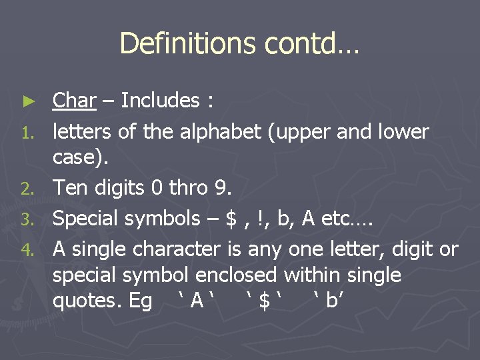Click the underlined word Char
coord(75,101)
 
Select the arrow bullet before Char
coord(27,101)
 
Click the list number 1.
coord(27,133)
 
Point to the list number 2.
coord(27,189)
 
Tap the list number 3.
coord(27,219)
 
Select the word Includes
coord(160,101)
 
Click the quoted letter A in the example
coord(196,301)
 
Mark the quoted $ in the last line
coord(265,301)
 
